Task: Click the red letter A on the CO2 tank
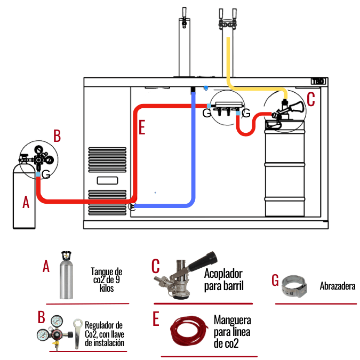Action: click(24, 202)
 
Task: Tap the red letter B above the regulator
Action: click(57, 135)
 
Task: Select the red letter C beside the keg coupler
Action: click(311, 99)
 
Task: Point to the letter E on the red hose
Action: click(141, 127)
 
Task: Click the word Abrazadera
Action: click(338, 286)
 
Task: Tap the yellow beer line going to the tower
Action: click(230, 59)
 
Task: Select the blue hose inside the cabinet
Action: click(193, 155)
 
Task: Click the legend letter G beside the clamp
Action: click(275, 280)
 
